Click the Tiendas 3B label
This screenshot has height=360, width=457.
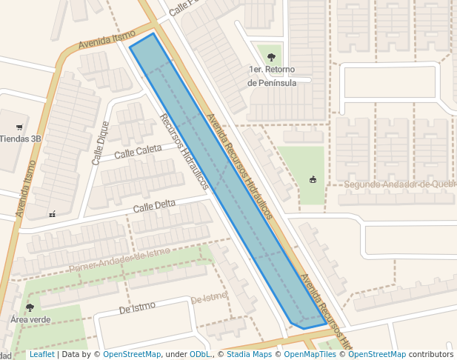point(20,139)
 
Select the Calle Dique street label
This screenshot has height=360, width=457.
point(100,142)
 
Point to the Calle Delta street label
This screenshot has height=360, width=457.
point(154,204)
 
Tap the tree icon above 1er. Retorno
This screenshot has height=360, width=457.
point(271,56)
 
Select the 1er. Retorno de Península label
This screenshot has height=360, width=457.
point(272,76)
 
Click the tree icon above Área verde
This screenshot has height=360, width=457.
point(30,307)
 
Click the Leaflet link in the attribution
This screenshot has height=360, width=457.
point(41,354)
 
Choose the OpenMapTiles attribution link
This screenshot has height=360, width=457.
point(310,354)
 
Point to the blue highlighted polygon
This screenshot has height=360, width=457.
point(222,178)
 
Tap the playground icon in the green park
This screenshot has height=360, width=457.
point(313,179)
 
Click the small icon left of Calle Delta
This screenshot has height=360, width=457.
point(52,214)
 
